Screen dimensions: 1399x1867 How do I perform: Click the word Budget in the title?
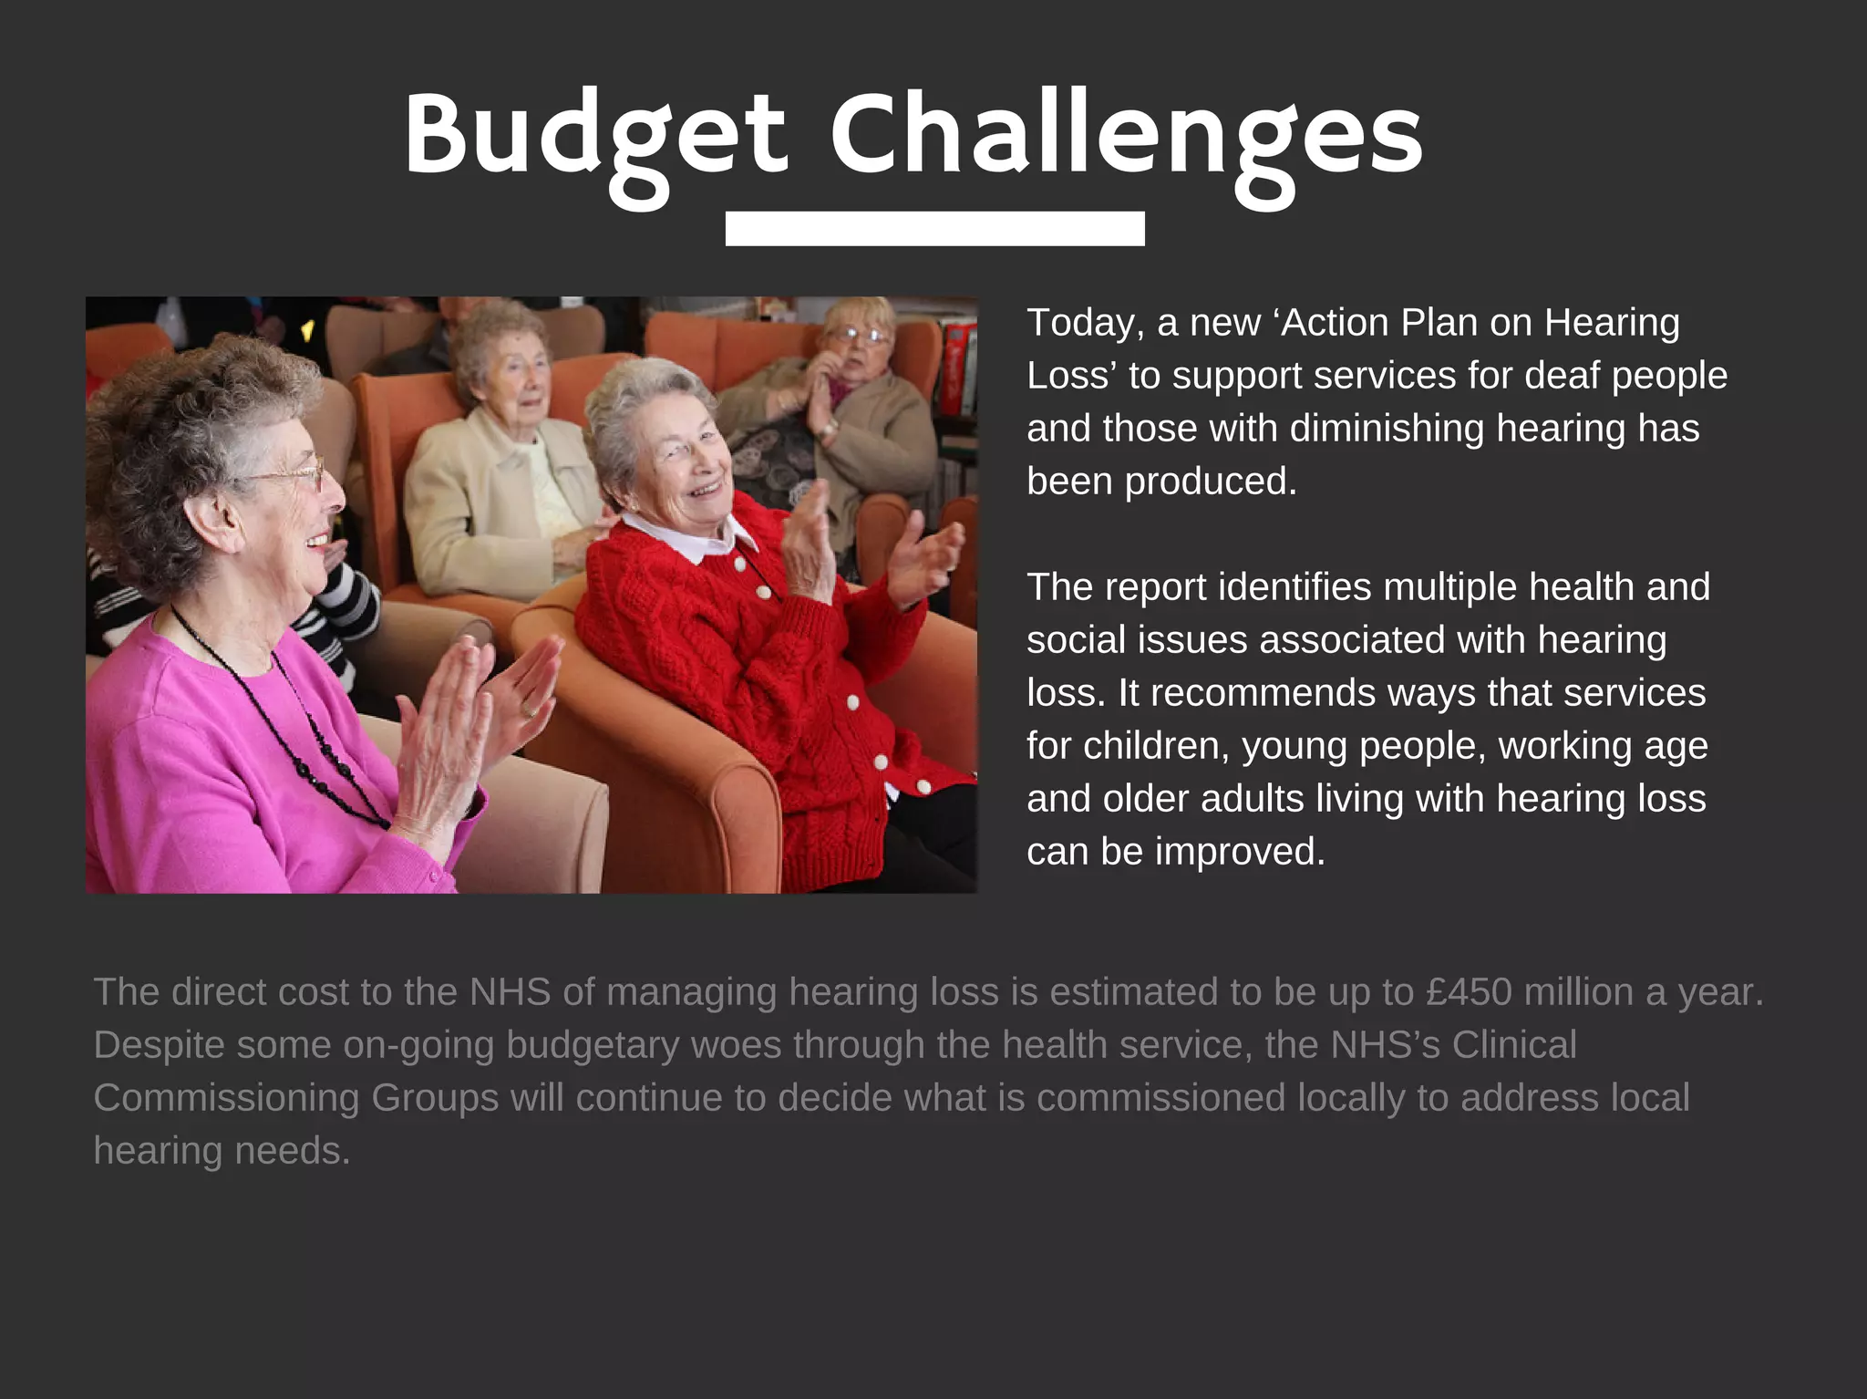pos(594,135)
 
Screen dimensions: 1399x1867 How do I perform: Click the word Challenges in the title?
pos(1125,135)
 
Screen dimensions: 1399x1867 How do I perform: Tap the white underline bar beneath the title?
pos(934,228)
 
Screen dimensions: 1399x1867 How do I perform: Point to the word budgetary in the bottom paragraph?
pos(593,1045)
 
